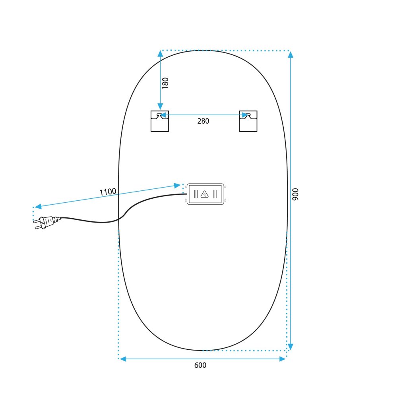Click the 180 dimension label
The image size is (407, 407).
165,83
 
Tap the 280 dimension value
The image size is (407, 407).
203,121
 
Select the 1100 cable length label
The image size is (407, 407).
108,192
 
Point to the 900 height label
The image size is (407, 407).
295,194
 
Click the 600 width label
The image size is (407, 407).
200,365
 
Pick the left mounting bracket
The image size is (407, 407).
160,121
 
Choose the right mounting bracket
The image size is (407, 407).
248,121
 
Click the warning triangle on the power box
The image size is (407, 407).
205,194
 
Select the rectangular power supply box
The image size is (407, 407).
205,194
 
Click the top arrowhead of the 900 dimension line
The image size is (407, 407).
291,54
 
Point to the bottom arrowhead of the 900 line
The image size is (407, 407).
291,347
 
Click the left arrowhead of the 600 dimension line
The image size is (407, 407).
123,359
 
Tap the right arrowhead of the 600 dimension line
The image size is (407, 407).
283,359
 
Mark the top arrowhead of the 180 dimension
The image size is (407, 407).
160,54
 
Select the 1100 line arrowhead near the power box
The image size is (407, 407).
178,185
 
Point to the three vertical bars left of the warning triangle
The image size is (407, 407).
195,194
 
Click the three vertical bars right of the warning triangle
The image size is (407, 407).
215,194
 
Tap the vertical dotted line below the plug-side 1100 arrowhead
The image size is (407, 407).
33,214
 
